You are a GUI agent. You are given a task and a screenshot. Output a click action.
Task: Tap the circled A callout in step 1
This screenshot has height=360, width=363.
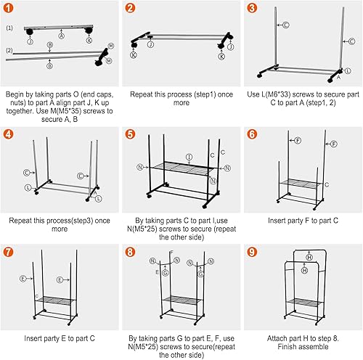click(60, 34)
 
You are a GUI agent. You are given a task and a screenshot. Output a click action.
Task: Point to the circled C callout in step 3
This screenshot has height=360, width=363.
click(285, 25)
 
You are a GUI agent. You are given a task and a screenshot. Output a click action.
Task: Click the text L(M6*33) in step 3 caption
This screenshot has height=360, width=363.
click(280, 94)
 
